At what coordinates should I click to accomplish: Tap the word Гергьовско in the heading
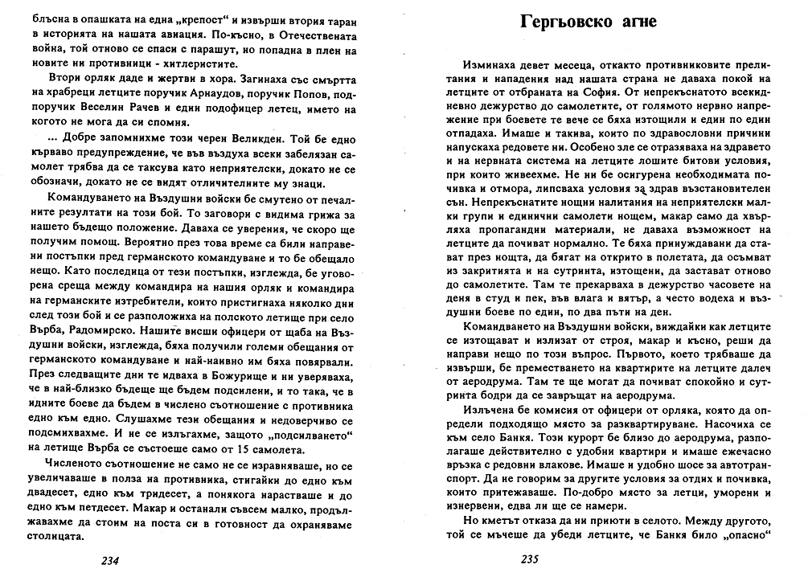(561, 21)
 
